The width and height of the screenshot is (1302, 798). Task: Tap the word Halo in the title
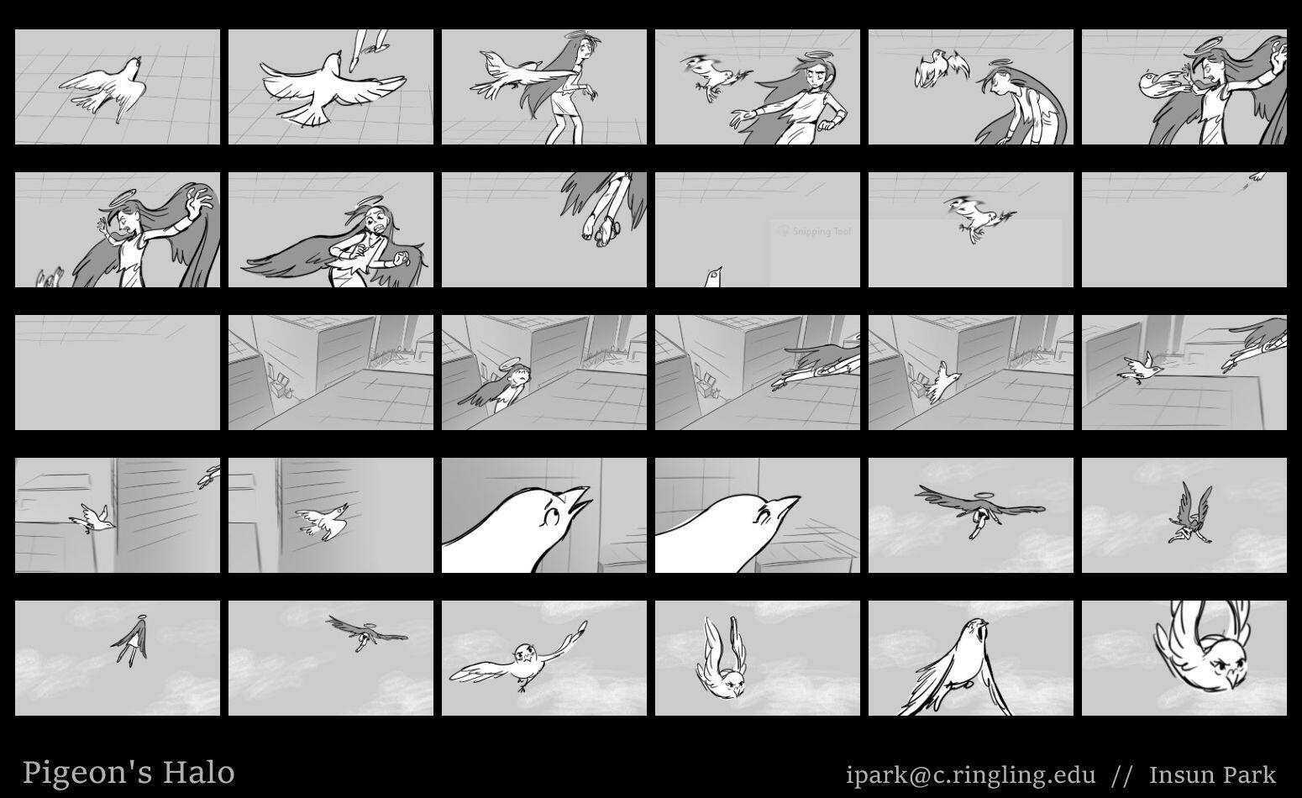point(198,773)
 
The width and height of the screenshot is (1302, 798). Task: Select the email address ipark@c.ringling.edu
point(970,774)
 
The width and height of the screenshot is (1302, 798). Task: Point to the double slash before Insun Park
point(1121,775)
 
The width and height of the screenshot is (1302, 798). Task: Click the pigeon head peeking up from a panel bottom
point(714,277)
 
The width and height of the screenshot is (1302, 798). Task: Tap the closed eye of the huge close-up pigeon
point(764,514)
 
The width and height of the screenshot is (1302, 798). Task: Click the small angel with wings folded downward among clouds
point(132,641)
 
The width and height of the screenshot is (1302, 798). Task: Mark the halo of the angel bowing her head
point(999,62)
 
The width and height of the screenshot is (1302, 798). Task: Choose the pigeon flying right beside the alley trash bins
point(942,381)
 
